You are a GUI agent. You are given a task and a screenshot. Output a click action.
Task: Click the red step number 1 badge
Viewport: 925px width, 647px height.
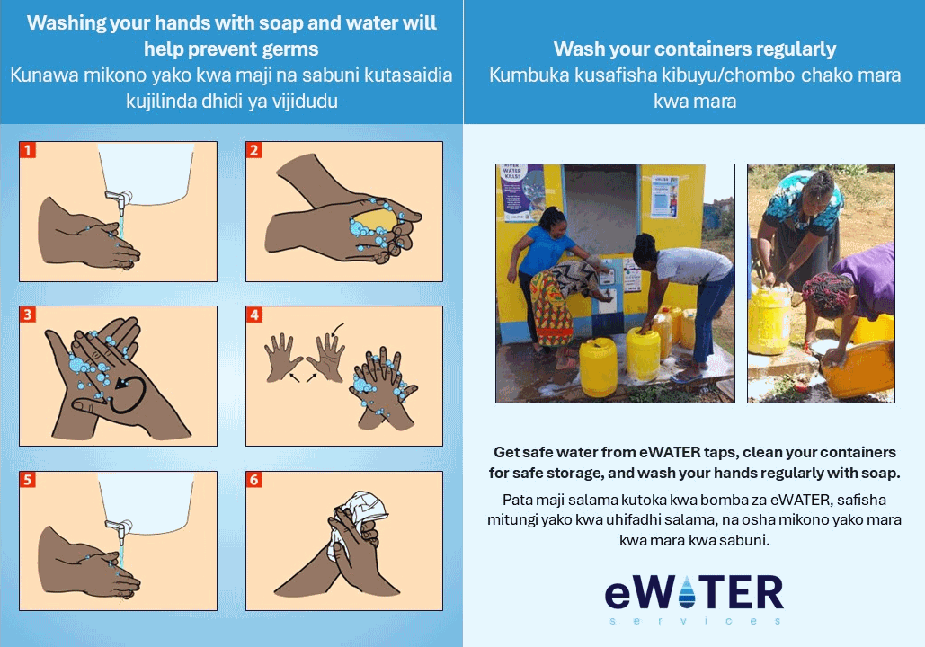point(28,150)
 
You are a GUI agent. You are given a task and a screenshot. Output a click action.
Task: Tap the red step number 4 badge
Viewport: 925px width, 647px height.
point(254,315)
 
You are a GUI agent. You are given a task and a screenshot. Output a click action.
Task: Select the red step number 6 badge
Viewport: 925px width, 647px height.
point(254,480)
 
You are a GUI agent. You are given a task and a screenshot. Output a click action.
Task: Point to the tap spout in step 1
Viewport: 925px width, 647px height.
point(120,201)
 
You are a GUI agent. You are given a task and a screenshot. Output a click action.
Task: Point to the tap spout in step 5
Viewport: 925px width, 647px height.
point(120,531)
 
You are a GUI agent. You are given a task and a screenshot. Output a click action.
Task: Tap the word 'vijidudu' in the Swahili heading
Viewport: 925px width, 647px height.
point(305,102)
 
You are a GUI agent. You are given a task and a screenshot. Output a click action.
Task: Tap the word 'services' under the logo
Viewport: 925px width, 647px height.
point(695,621)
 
